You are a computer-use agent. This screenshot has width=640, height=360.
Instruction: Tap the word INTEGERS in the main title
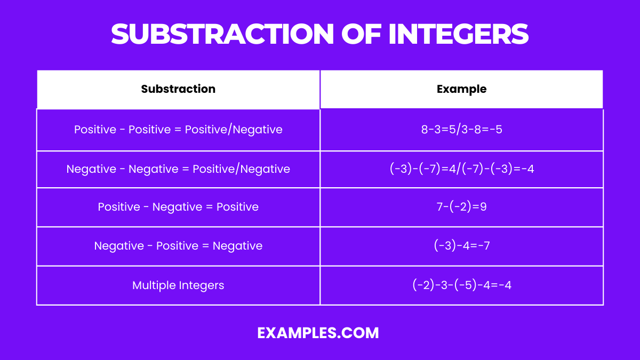click(x=459, y=34)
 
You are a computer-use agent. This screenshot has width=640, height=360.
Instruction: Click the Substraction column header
click(x=178, y=89)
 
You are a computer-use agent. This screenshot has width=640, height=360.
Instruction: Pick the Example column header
click(x=461, y=89)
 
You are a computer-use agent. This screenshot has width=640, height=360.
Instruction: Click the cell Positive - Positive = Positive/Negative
click(x=178, y=130)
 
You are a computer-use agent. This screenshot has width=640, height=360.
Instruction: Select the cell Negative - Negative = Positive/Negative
click(x=178, y=169)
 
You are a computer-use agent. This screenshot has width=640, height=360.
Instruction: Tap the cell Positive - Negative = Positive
click(x=178, y=207)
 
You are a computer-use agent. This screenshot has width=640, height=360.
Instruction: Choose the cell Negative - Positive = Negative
click(x=178, y=246)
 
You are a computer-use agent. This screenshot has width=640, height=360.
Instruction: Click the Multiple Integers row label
click(x=178, y=285)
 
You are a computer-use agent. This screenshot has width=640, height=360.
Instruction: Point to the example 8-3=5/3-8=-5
click(x=461, y=130)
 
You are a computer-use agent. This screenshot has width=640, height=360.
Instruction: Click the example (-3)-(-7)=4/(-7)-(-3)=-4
click(x=461, y=169)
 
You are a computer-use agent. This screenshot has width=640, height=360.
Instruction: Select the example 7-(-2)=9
click(x=461, y=207)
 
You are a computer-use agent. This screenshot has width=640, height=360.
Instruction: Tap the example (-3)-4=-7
click(x=461, y=246)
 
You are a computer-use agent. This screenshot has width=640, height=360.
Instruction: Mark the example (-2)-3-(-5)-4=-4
click(x=461, y=285)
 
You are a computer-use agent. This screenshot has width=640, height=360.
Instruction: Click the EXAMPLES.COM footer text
click(x=318, y=333)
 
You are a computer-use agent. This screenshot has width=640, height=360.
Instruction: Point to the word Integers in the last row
click(x=202, y=285)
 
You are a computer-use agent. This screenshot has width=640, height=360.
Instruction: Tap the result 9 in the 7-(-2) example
click(x=483, y=207)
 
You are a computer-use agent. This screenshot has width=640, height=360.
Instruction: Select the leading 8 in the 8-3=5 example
click(x=424, y=130)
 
